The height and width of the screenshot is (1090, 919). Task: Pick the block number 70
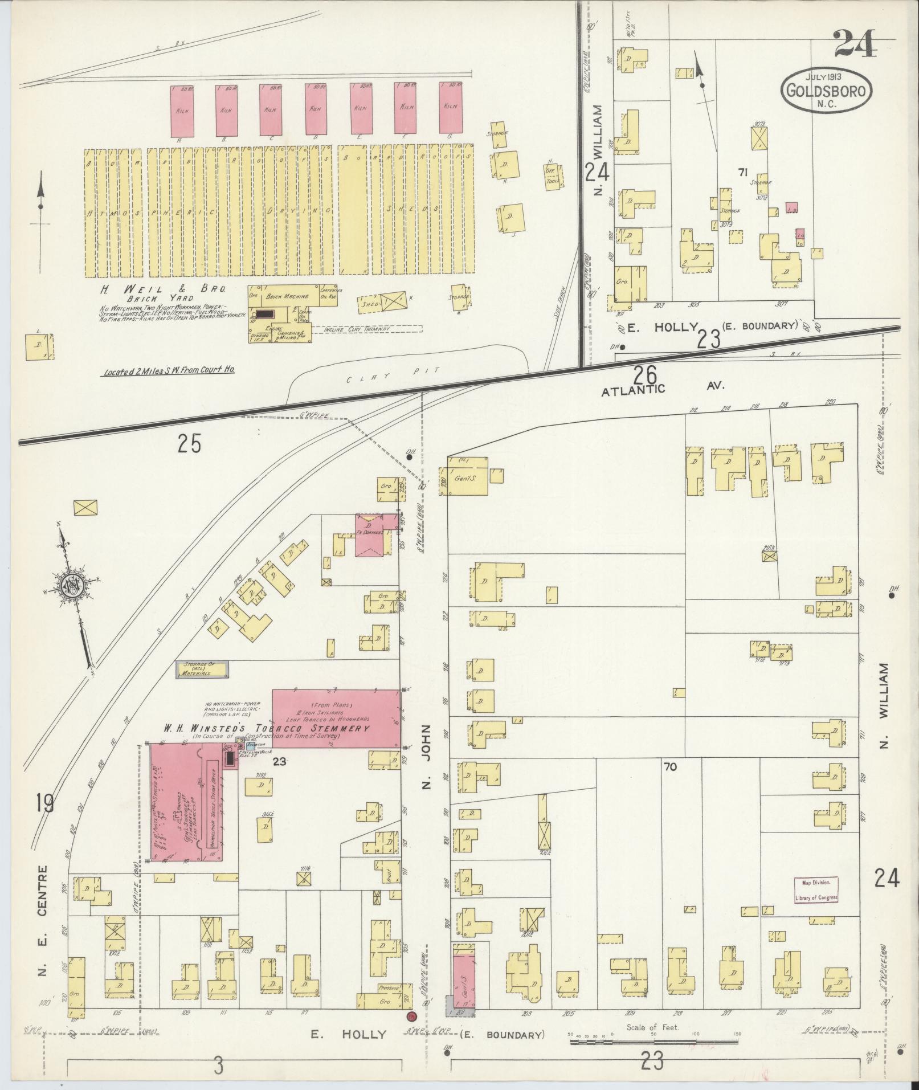click(x=670, y=768)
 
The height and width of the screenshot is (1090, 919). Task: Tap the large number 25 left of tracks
click(x=189, y=443)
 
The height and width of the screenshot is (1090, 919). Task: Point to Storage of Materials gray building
click(x=202, y=669)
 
